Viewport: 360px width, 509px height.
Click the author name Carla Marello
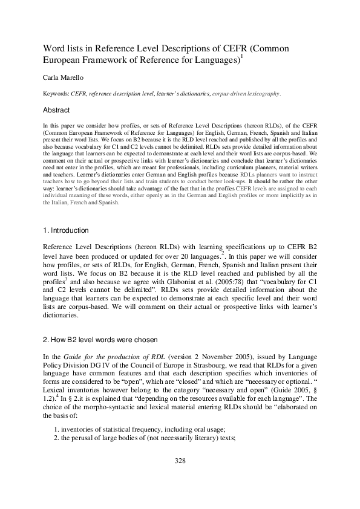click(x=63, y=78)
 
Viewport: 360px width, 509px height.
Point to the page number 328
click(x=180, y=461)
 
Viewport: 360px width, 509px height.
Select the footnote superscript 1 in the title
click(x=241, y=57)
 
